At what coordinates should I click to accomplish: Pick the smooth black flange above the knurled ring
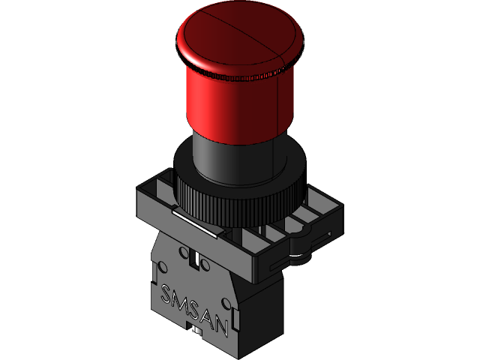[187, 161]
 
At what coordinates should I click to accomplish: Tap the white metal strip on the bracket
[194, 223]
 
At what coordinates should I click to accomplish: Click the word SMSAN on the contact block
[194, 307]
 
